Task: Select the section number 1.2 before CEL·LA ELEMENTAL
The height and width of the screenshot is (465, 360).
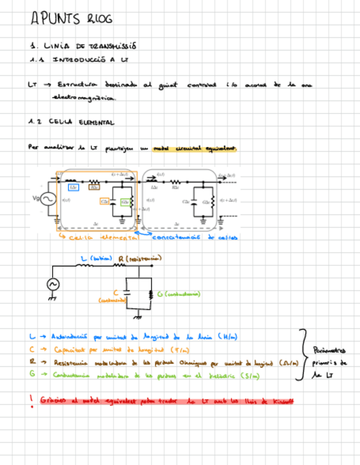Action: click(x=36, y=123)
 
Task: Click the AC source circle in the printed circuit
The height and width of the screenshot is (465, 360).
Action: click(x=47, y=200)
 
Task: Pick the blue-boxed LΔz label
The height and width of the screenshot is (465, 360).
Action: click(x=72, y=188)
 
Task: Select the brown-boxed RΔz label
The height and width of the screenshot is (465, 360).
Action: click(x=94, y=188)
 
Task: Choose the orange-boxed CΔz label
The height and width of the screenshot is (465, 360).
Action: click(x=104, y=201)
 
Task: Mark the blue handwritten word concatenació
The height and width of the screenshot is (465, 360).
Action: click(x=173, y=237)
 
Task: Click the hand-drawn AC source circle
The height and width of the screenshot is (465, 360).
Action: click(x=53, y=283)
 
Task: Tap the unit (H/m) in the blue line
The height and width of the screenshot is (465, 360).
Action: click(x=228, y=336)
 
